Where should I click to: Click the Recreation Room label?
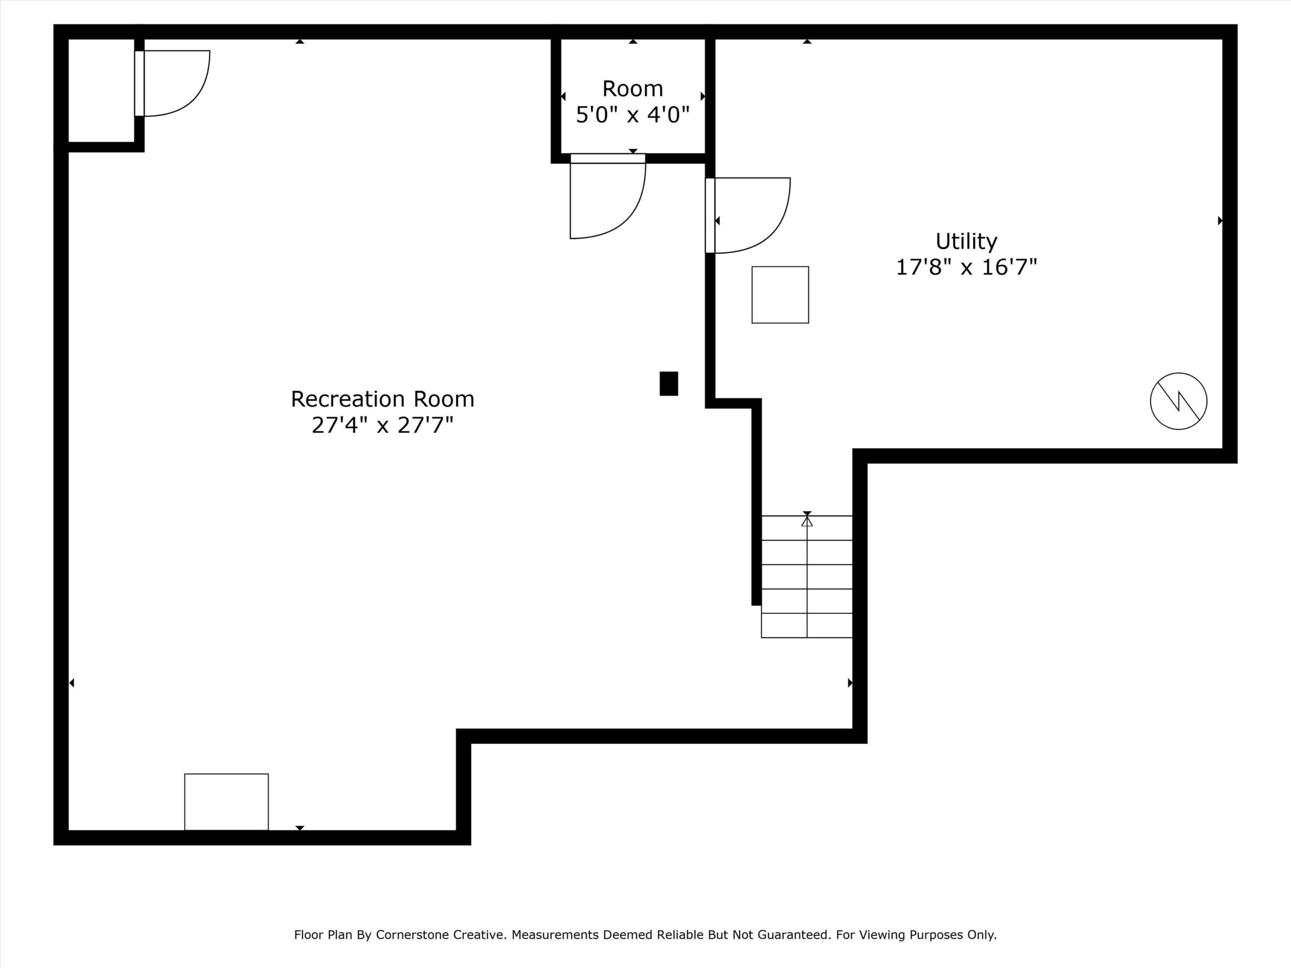(x=382, y=399)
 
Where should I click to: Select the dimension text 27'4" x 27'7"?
(x=382, y=426)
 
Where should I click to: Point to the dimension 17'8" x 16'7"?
(x=967, y=268)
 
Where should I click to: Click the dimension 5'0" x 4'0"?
(x=633, y=114)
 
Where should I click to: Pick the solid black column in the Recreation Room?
(x=669, y=383)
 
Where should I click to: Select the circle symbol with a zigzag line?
(x=1179, y=401)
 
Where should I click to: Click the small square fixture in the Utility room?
(x=780, y=294)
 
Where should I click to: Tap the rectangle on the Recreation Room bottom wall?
(x=226, y=802)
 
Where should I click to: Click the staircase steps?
(x=806, y=576)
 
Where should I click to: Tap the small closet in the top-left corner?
(x=101, y=90)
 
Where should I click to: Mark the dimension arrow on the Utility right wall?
(x=1220, y=220)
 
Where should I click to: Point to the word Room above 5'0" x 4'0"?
(x=633, y=89)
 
